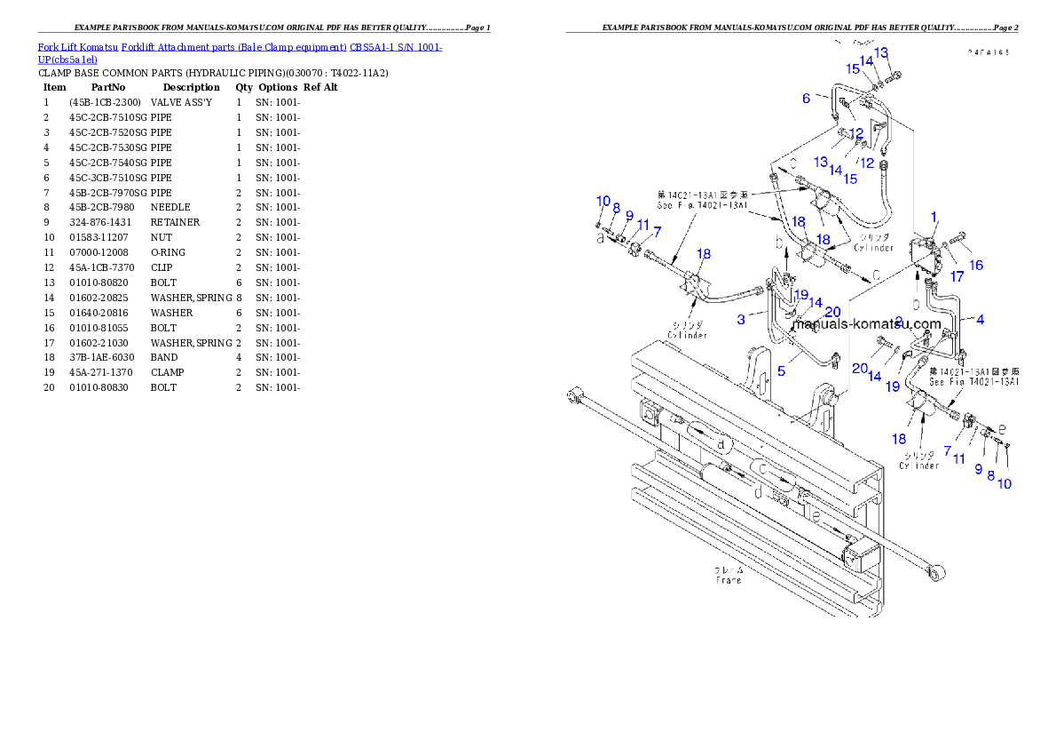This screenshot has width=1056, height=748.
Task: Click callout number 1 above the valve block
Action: coord(934,216)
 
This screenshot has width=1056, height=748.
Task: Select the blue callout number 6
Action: coord(807,99)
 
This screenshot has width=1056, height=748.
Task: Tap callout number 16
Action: coord(976,265)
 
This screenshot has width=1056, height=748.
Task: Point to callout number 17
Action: coord(957,276)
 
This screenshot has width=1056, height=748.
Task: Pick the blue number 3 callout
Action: coord(741,319)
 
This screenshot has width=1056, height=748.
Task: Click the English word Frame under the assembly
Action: coord(729,580)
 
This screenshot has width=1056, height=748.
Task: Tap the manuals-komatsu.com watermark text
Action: coord(866,324)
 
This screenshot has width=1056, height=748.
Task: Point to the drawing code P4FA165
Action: coord(988,53)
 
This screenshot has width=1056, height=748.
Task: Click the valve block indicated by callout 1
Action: coord(927,255)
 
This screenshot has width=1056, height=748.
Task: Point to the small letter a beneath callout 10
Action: coord(602,238)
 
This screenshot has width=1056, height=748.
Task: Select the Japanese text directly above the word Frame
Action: coord(729,569)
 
